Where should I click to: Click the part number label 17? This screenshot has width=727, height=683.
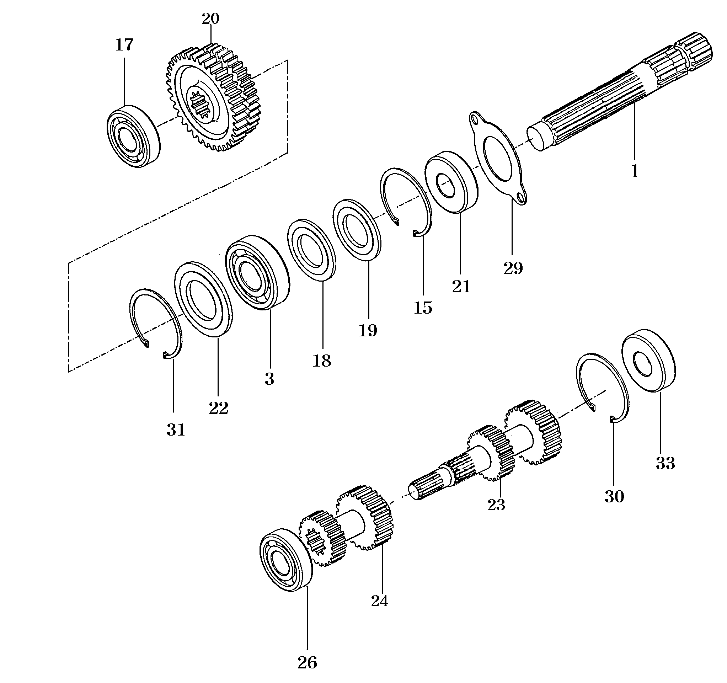click(124, 45)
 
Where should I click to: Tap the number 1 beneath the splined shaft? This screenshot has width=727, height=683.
click(635, 171)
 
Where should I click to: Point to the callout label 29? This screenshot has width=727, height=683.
click(513, 268)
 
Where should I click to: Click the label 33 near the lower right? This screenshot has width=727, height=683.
click(665, 463)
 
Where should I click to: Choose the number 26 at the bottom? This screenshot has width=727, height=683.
click(307, 662)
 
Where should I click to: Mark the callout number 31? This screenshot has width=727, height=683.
click(176, 429)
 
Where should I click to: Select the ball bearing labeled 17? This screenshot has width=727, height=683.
click(133, 136)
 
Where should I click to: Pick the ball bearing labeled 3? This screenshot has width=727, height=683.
click(257, 273)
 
